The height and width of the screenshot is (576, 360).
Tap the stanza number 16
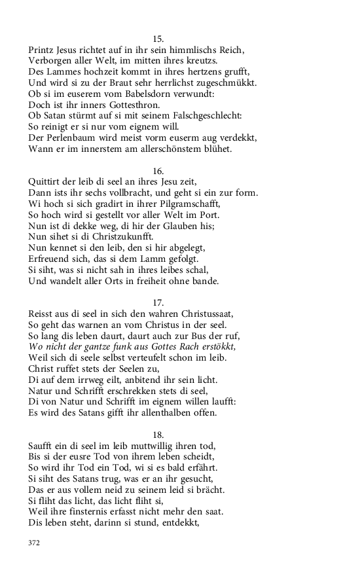158,170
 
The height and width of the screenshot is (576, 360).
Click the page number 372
35,542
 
